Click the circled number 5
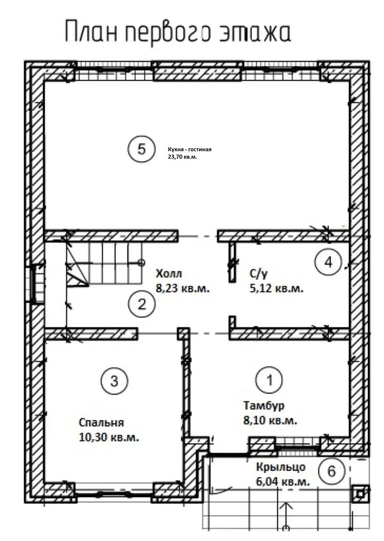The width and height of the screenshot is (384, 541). point(141,149)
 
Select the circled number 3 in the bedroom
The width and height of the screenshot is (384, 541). point(114,381)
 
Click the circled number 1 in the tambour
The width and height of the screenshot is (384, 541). point(269,380)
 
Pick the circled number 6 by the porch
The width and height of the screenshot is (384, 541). point(331,471)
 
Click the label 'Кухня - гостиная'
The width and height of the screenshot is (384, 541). point(189,149)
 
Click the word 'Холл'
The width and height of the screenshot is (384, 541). point(169,274)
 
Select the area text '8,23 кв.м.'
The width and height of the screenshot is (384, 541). point(183,288)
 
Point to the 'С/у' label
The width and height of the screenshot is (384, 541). point(258,274)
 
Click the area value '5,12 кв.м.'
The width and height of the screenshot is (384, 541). point(276,289)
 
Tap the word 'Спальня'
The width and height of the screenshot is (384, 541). point(101,423)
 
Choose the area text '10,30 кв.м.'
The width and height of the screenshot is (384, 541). point(109,437)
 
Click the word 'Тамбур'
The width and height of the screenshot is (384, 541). point(264,405)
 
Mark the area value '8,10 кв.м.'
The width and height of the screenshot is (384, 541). point(270,421)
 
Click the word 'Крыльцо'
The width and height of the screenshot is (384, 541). point(280,467)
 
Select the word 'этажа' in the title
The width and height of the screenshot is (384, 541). point(255,32)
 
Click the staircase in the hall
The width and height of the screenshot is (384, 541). point(103,264)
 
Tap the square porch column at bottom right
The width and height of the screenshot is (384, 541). point(360,494)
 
